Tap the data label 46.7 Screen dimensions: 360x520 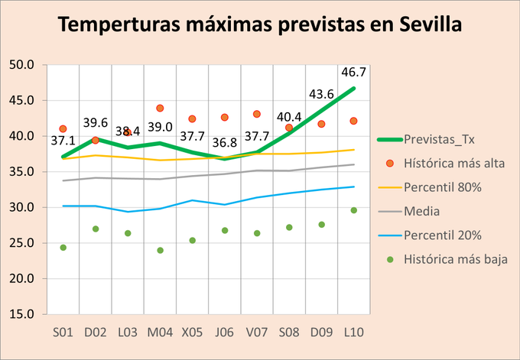tap(353, 73)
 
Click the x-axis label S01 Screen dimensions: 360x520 tap(63, 332)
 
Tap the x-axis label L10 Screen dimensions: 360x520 tap(353, 332)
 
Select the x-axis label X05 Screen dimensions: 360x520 tap(192, 332)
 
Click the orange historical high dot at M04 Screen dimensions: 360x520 tap(160, 109)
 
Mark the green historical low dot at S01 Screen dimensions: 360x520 tap(63, 248)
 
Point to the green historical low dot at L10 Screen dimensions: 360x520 tap(353, 210)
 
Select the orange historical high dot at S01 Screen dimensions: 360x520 tap(63, 129)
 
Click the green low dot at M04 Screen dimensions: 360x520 tap(160, 250)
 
